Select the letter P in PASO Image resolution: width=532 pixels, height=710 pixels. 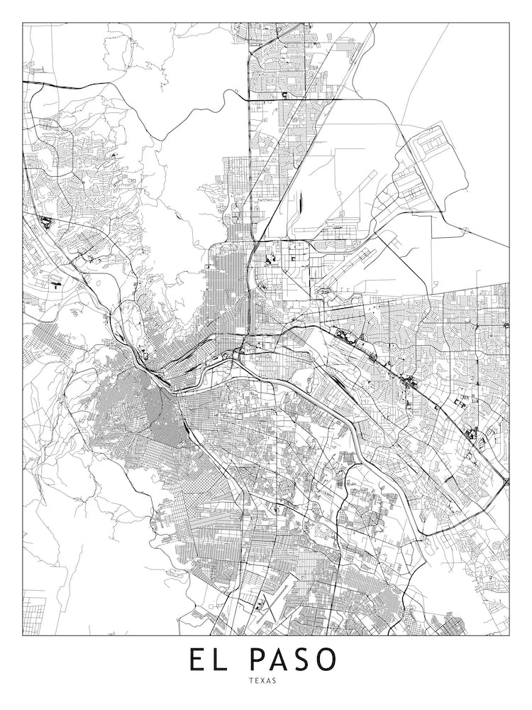coord(260,660)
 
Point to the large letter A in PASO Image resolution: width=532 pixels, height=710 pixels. coord(283,660)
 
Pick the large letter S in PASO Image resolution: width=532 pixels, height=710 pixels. coord(306,660)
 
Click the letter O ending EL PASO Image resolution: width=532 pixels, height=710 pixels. coord(328,660)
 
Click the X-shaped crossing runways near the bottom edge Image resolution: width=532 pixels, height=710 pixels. coord(260,603)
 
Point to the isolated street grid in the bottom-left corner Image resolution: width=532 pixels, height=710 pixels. coord(33,612)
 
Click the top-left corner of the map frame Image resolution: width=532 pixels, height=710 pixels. coord(23,23)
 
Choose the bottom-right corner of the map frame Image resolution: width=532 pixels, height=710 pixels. coord(509,635)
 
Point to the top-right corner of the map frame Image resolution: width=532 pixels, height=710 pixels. coord(509,23)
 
